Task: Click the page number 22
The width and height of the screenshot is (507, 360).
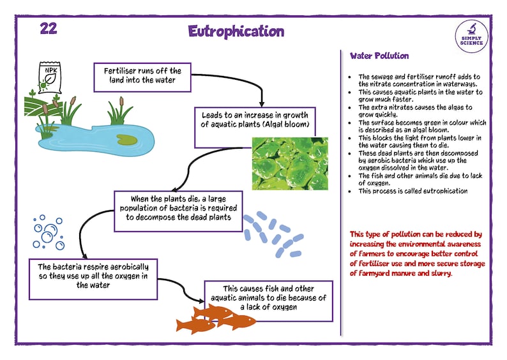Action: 49,29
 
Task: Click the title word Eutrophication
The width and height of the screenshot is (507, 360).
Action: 236,31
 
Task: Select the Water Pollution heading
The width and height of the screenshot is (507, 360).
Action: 379,56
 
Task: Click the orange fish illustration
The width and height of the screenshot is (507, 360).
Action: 211,318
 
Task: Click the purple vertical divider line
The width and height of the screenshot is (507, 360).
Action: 341,191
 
